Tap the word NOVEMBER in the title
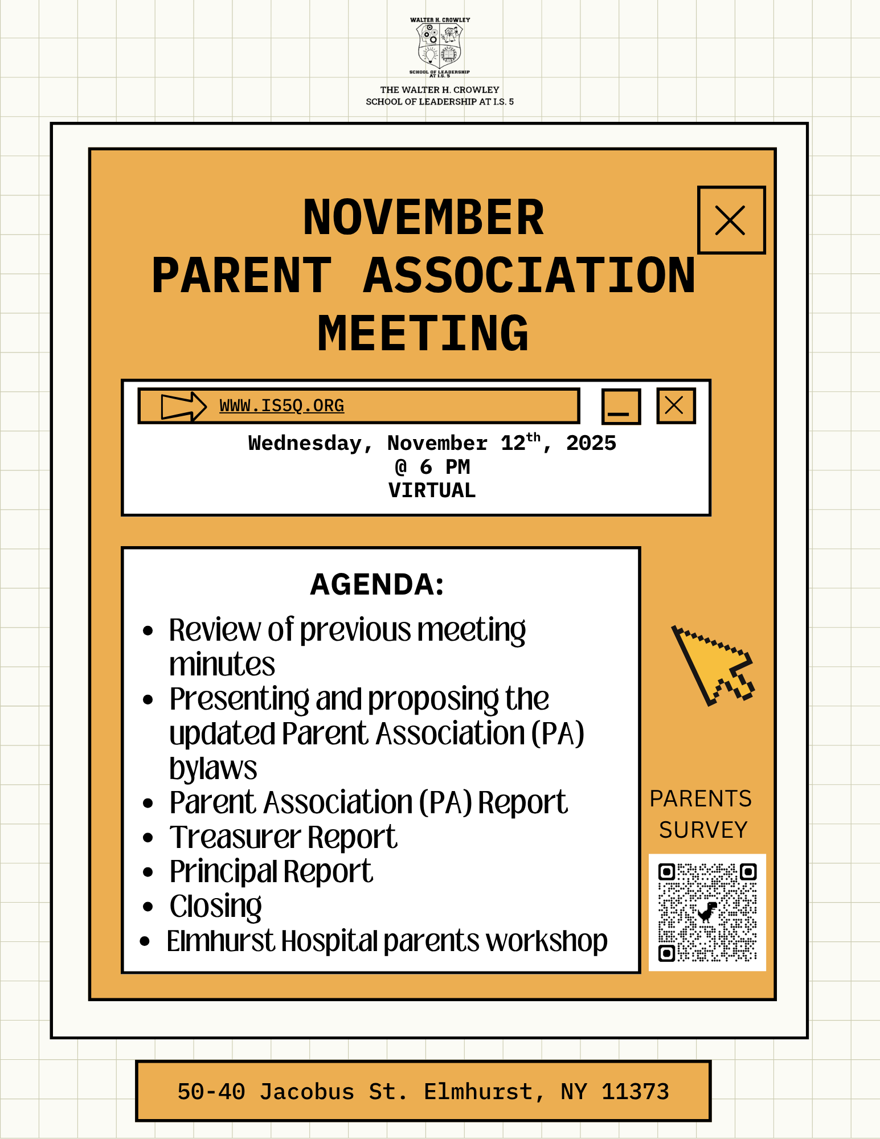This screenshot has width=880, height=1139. tap(423, 218)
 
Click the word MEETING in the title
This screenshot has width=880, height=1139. tap(423, 334)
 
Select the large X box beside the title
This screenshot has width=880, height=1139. tap(731, 220)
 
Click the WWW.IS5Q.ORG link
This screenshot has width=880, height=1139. tap(281, 406)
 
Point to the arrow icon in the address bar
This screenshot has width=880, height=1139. tap(183, 406)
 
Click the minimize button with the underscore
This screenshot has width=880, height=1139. tap(621, 407)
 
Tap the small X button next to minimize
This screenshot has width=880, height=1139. tap(676, 406)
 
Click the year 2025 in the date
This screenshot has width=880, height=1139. tap(591, 444)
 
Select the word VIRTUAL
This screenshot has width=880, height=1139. tap(432, 491)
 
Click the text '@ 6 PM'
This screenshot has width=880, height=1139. tap(432, 468)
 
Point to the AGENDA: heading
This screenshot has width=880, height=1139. tap(377, 585)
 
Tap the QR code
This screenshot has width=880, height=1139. tap(707, 912)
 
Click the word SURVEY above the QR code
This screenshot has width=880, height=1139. tap(703, 830)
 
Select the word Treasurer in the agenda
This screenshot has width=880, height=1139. tap(235, 838)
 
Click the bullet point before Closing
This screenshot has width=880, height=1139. tap(148, 907)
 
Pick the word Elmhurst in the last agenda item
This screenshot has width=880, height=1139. tap(220, 941)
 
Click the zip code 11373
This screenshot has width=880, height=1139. tap(635, 1092)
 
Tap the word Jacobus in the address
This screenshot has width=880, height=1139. tap(307, 1092)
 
